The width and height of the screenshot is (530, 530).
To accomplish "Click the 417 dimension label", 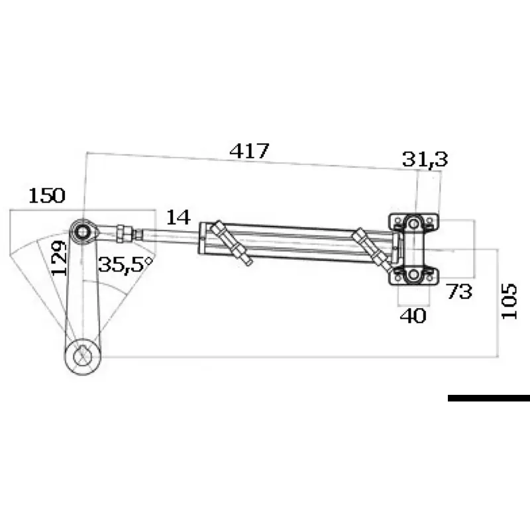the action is tap(249, 151).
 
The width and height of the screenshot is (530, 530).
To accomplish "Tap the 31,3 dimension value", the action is tap(425, 159).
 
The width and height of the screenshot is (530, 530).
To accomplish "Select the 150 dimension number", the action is tap(46, 195).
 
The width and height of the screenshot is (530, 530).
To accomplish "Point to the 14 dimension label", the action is tap(178, 217).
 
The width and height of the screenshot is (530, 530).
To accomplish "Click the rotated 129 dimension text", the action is tap(58, 258).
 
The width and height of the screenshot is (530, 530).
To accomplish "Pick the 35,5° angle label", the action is tap(125, 264).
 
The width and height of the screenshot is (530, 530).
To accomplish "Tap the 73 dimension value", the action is tap(458, 291).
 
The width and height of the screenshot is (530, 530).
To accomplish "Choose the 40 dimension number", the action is tap(413, 316).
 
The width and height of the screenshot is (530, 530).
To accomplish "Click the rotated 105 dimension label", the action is tap(509, 301).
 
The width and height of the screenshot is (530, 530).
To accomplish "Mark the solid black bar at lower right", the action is tap(489, 398).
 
